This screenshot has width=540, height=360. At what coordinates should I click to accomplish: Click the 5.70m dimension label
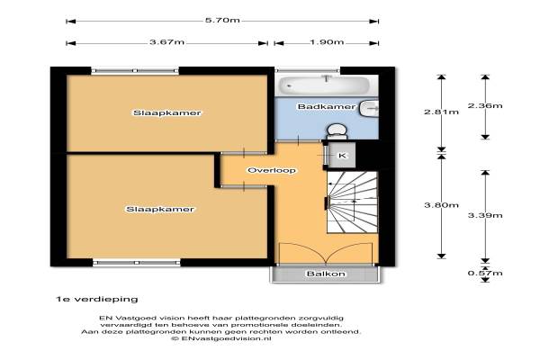[222, 20]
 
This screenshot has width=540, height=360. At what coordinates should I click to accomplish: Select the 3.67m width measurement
[167, 42]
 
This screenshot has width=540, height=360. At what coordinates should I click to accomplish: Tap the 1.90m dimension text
[327, 42]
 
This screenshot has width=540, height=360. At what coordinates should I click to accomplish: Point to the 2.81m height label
[442, 112]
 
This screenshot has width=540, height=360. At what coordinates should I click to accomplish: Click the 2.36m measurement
[485, 105]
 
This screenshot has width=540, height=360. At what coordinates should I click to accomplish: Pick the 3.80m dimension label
[442, 205]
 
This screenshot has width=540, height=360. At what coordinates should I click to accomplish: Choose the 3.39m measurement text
[485, 215]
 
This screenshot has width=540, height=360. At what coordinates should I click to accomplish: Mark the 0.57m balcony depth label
[485, 274]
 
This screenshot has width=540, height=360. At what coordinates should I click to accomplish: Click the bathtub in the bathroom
[324, 85]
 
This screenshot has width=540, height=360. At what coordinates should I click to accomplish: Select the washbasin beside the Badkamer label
[369, 109]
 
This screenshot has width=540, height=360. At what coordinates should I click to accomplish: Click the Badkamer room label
[326, 106]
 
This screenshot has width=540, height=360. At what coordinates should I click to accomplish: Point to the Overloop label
[272, 170]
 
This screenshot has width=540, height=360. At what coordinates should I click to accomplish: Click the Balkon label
[326, 274]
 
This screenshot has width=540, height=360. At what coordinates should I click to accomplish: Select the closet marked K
[342, 156]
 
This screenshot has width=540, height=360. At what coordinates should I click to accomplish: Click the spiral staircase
[352, 202]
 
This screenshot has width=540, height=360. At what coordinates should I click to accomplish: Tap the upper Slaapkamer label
[167, 113]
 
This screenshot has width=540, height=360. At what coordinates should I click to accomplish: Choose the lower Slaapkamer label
[160, 209]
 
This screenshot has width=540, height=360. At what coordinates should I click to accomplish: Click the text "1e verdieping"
[97, 299]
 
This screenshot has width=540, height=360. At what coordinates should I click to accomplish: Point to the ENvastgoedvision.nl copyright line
[221, 338]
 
